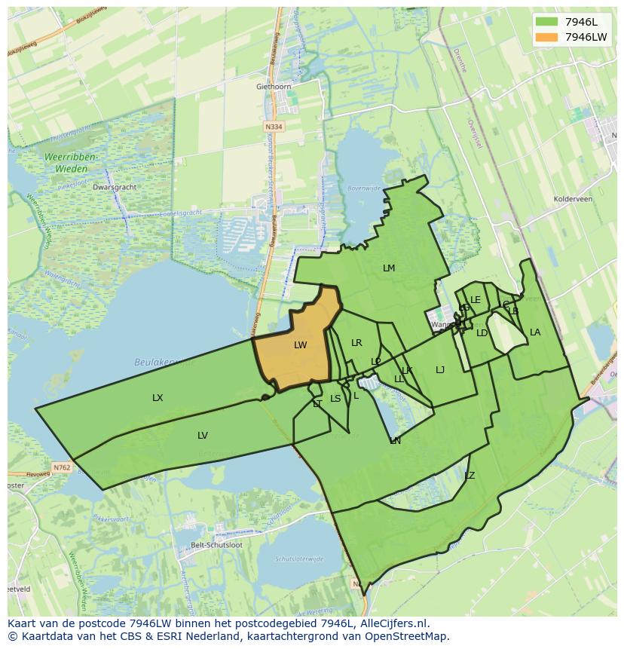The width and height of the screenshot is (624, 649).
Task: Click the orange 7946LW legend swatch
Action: tap(547, 37)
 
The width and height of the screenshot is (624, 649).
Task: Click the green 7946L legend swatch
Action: tap(547, 22)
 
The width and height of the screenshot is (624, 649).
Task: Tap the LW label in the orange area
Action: tap(301, 345)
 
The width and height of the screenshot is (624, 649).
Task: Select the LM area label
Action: tap(389, 268)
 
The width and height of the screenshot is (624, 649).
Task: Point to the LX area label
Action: tap(158, 398)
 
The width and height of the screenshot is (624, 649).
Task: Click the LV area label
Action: tap(203, 436)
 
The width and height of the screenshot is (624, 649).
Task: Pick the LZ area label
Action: tap(470, 476)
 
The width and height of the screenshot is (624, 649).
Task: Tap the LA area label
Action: tap(535, 332)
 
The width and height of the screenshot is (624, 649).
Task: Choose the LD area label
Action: tap(482, 333)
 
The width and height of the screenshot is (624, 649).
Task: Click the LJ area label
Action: tap(440, 370)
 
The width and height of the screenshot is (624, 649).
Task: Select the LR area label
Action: tap(356, 343)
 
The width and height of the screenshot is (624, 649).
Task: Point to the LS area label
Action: tap(335, 399)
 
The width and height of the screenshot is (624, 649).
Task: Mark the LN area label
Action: tap(396, 441)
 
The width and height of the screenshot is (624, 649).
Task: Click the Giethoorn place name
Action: tap(274, 87)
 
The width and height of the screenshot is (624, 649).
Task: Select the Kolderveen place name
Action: tap(574, 200)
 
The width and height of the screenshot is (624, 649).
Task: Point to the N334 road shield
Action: tap(274, 127)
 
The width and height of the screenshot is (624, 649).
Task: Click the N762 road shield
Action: tap(62, 467)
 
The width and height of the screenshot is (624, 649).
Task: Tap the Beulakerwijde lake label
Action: tap(164, 362)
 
